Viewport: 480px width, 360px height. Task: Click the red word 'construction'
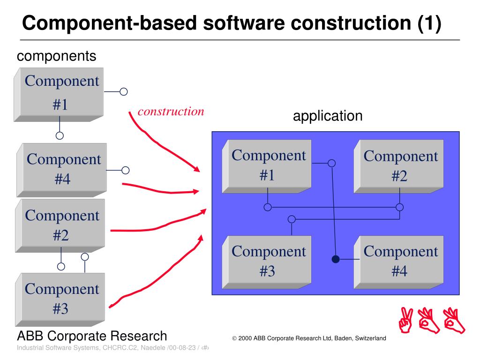coord(171,112)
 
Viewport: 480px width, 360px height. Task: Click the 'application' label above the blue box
coord(328,116)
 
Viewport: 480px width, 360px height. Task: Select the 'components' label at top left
coord(56,56)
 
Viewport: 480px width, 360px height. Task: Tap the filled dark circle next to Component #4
coord(336,259)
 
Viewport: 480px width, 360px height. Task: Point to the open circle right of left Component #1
coord(124,92)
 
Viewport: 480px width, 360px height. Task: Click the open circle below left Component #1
coord(60,136)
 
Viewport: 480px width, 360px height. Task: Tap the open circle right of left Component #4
coord(125,170)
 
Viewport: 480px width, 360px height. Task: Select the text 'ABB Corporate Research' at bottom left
coord(92,336)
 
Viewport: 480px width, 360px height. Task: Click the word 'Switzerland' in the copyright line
coord(370,338)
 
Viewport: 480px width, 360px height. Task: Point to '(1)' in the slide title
coord(429,23)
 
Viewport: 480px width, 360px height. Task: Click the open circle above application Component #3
coord(292,219)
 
